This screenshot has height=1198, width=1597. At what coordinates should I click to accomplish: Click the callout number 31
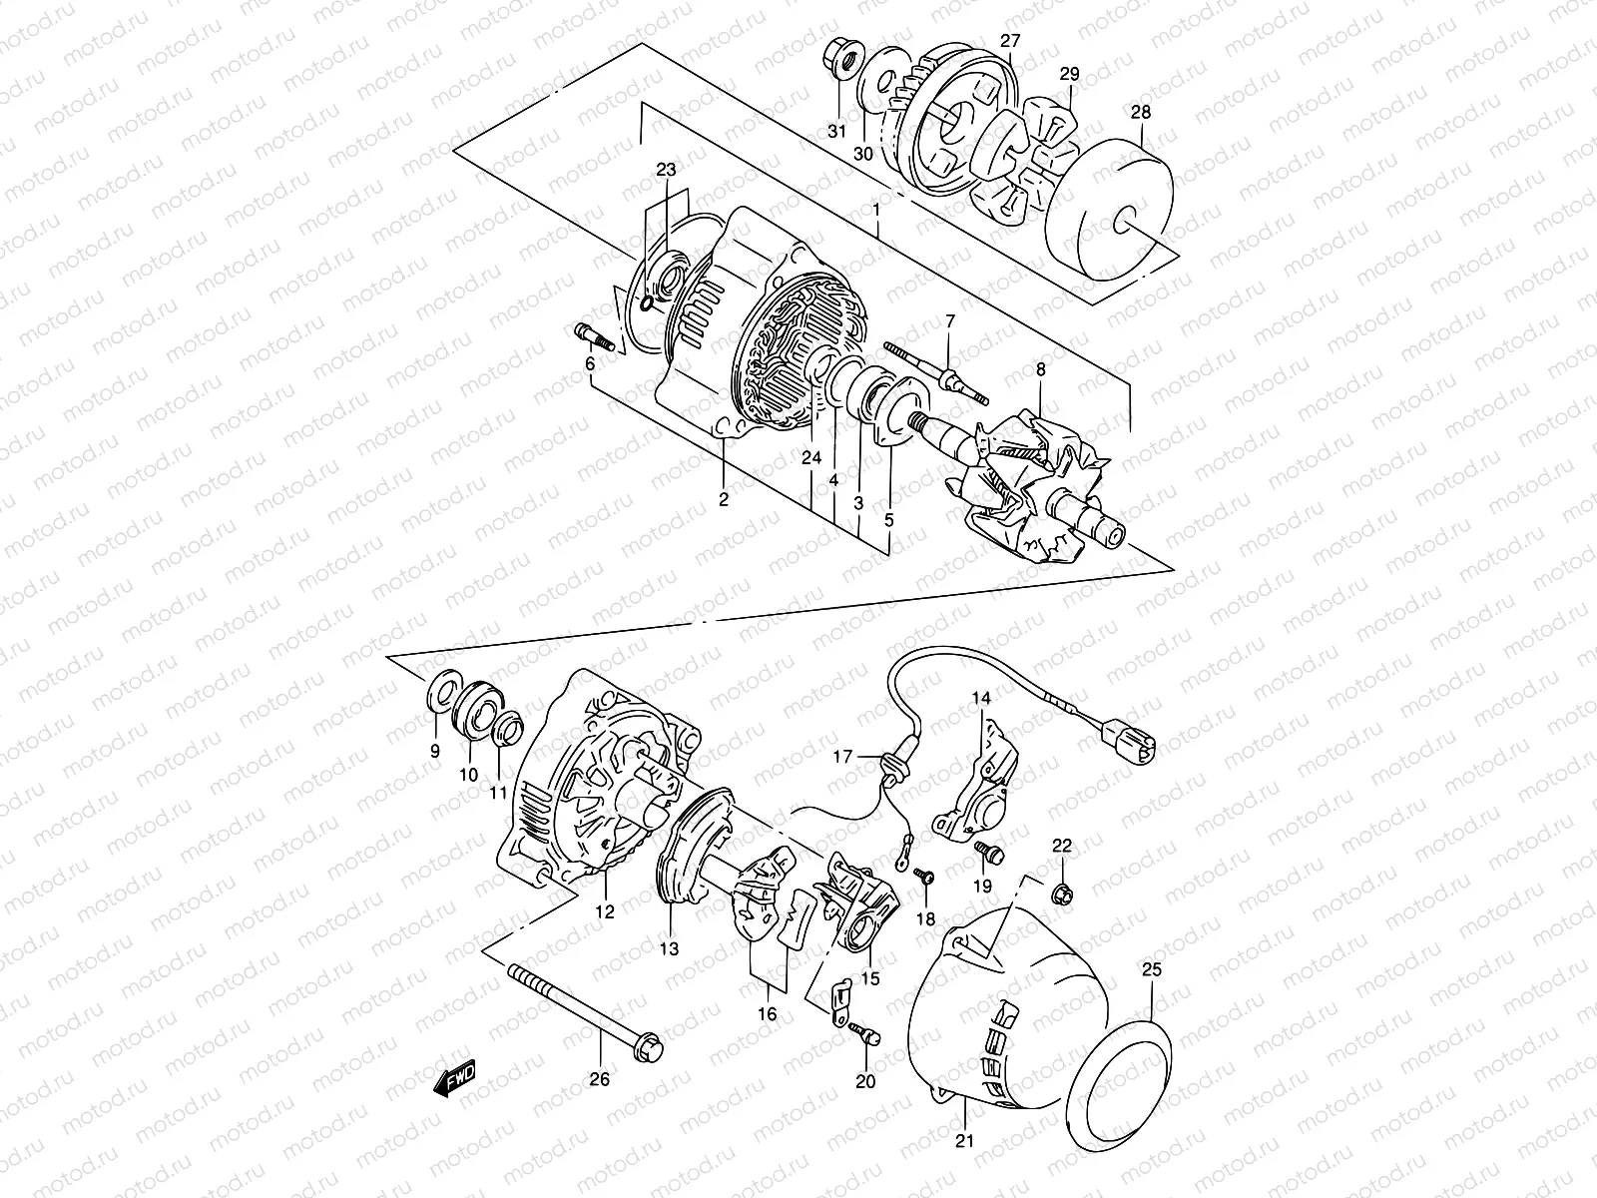pyautogui.click(x=836, y=132)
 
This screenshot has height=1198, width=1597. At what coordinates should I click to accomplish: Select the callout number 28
pyautogui.click(x=1140, y=112)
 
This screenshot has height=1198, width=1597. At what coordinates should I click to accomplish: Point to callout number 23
pyautogui.click(x=666, y=170)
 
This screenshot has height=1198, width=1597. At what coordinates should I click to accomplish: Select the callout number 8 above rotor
pyautogui.click(x=1040, y=369)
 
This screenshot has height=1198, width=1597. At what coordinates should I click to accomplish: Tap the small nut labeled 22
pyautogui.click(x=1062, y=889)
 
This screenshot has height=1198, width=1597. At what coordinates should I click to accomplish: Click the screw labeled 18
pyautogui.click(x=925, y=877)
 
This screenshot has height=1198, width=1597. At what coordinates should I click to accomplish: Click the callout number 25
pyautogui.click(x=1152, y=968)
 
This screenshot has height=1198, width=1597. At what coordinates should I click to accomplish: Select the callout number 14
pyautogui.click(x=981, y=699)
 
